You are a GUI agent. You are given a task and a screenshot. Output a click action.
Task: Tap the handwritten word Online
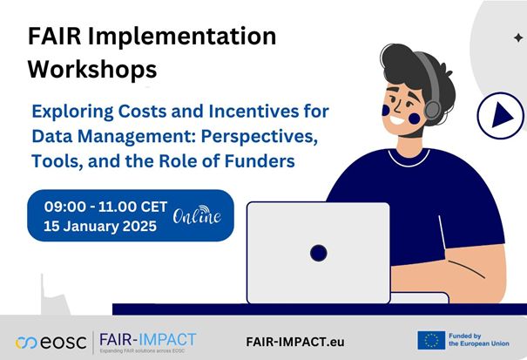click(196, 215)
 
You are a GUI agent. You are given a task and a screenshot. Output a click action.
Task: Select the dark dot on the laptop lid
click(318, 253)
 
